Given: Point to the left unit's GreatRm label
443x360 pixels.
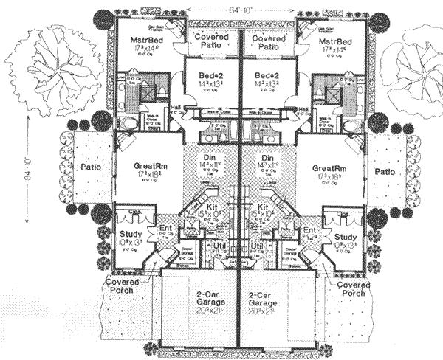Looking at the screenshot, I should [149, 168].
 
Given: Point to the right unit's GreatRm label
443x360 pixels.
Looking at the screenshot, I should [329, 168].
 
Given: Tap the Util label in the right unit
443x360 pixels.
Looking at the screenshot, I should [258, 244].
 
